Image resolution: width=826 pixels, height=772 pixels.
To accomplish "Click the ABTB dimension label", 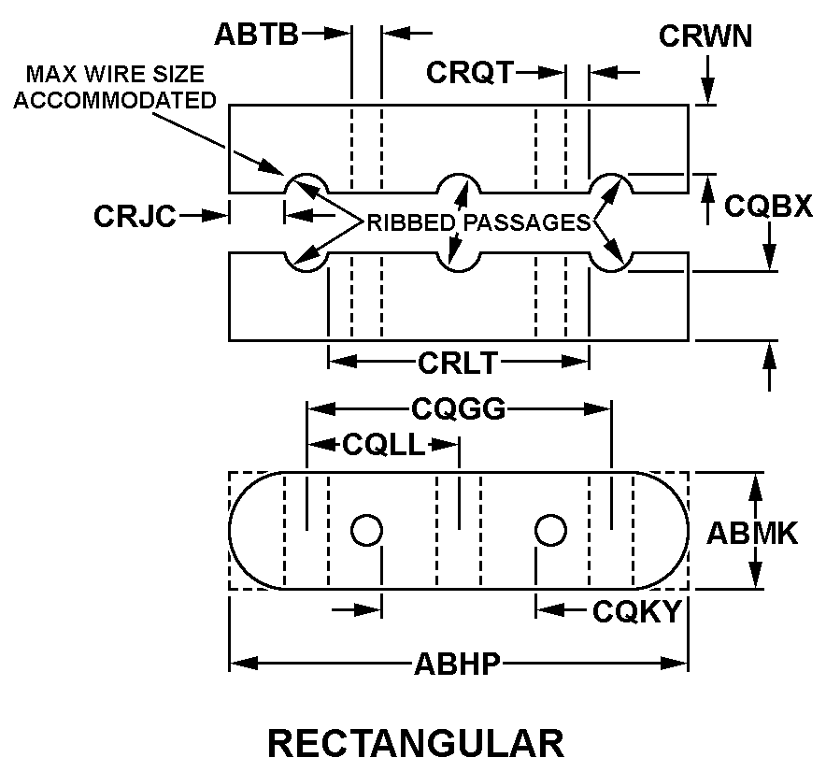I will [x=256, y=35].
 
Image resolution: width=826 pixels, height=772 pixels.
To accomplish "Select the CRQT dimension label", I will [x=470, y=72].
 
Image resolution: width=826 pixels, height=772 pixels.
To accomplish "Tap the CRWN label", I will [x=705, y=36].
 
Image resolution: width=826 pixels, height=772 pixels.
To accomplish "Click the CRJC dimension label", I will [x=135, y=216].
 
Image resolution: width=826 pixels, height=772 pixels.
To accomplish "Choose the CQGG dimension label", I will [x=458, y=408].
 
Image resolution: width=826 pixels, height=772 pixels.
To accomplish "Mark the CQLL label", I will [x=383, y=445].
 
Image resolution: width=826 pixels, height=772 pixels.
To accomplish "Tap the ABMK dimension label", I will [x=751, y=533].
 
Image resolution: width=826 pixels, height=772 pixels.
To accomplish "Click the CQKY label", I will [x=634, y=611].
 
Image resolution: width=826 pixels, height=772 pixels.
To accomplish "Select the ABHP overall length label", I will [x=458, y=665].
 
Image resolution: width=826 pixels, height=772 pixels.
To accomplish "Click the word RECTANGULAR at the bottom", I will [x=416, y=743].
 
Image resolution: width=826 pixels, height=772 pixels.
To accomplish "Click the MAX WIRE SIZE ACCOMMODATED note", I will [x=117, y=87].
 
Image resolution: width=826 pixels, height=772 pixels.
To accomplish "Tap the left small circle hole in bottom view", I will [x=366, y=530].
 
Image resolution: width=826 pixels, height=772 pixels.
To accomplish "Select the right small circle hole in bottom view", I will [x=550, y=530].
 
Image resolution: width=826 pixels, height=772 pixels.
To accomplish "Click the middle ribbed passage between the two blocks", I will [x=459, y=222].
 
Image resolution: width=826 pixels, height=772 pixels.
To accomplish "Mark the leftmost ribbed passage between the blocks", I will [x=306, y=222].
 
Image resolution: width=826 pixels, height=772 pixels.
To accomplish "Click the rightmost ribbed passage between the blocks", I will [x=611, y=222].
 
